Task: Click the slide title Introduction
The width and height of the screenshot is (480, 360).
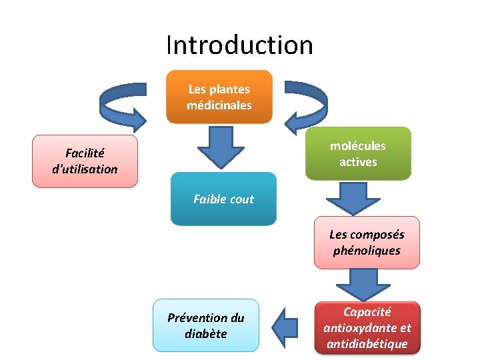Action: tap(239, 45)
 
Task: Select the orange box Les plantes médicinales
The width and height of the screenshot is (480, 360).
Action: tap(219, 97)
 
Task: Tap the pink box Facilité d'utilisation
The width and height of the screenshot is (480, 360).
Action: tap(85, 161)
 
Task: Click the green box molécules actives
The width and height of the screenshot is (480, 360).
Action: tap(358, 154)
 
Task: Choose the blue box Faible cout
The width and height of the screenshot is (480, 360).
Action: tap(223, 199)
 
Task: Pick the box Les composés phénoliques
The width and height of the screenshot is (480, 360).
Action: tap(367, 243)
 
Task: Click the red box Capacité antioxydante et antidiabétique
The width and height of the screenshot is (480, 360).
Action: tap(367, 328)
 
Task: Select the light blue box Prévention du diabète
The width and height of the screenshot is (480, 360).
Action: tap(205, 325)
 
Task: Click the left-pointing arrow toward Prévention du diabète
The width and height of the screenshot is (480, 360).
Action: tap(286, 326)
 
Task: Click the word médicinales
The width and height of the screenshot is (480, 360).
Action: tap(219, 105)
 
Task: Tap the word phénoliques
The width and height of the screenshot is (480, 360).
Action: tap(367, 251)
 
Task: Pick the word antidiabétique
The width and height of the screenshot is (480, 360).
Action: tap(367, 344)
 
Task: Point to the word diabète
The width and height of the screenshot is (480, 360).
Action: tap(205, 334)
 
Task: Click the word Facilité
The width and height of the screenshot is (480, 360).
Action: tap(85, 153)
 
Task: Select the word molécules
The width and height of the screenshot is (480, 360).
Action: tap(358, 146)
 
